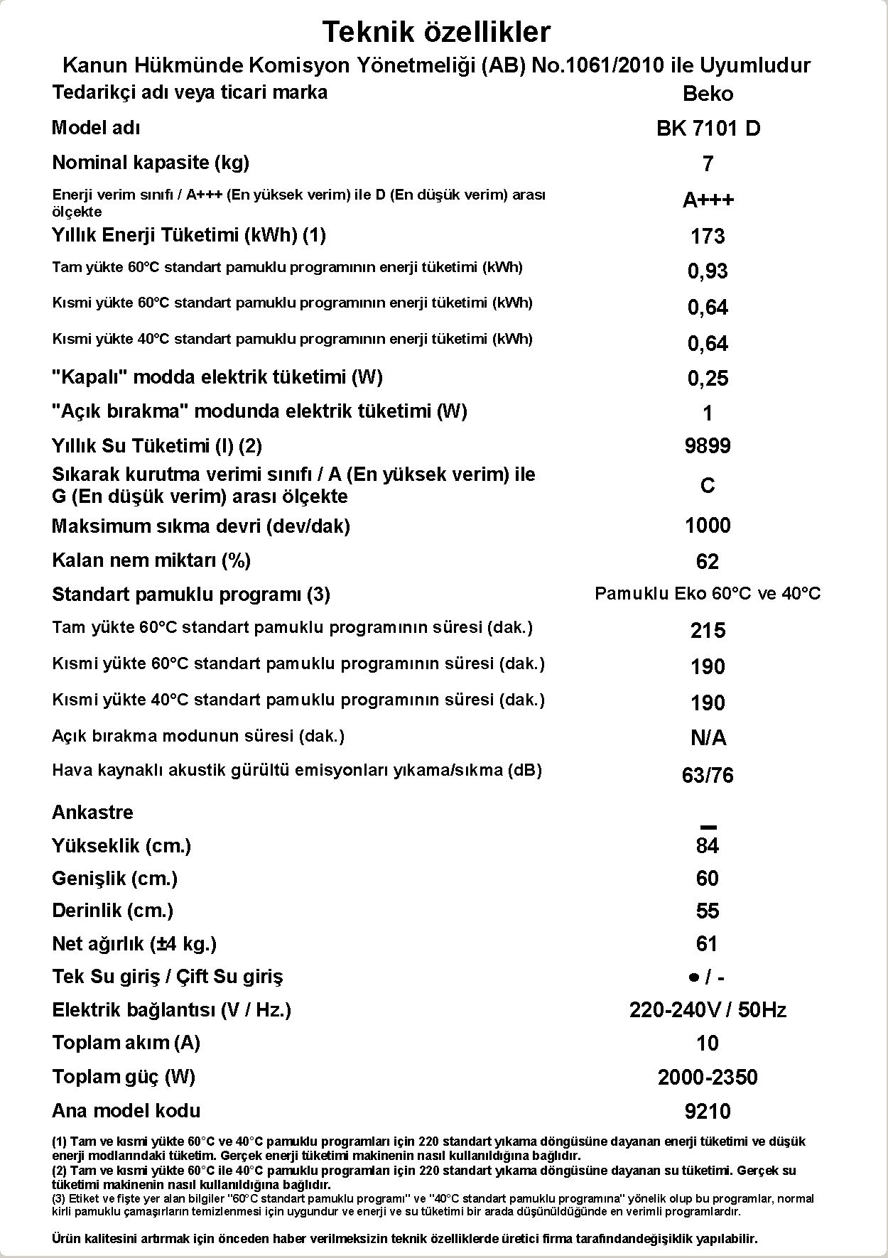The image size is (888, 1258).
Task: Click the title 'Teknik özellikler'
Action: (436, 32)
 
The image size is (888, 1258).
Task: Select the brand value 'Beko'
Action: (708, 94)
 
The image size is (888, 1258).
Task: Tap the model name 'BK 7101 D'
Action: (708, 129)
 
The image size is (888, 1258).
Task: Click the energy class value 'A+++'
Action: (708, 200)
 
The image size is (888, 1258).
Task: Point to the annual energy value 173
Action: (708, 237)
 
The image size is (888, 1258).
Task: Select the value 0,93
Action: (708, 271)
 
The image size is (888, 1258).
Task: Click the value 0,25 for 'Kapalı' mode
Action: (708, 379)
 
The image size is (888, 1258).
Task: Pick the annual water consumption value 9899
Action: (708, 446)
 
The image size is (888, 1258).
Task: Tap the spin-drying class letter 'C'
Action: (708, 486)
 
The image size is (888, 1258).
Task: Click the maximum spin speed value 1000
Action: (708, 526)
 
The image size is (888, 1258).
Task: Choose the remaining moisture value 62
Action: (708, 562)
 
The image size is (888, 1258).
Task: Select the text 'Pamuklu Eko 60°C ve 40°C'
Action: (708, 594)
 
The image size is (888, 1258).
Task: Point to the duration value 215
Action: (708, 631)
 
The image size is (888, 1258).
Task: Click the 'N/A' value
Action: (708, 739)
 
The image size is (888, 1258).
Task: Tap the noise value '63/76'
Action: (708, 775)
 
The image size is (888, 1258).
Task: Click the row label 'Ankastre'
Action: (92, 813)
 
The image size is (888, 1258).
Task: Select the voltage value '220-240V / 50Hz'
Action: (708, 1010)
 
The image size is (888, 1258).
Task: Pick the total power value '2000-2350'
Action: (708, 1078)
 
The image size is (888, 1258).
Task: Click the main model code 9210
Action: (708, 1112)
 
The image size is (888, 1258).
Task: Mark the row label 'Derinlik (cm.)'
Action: (112, 911)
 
